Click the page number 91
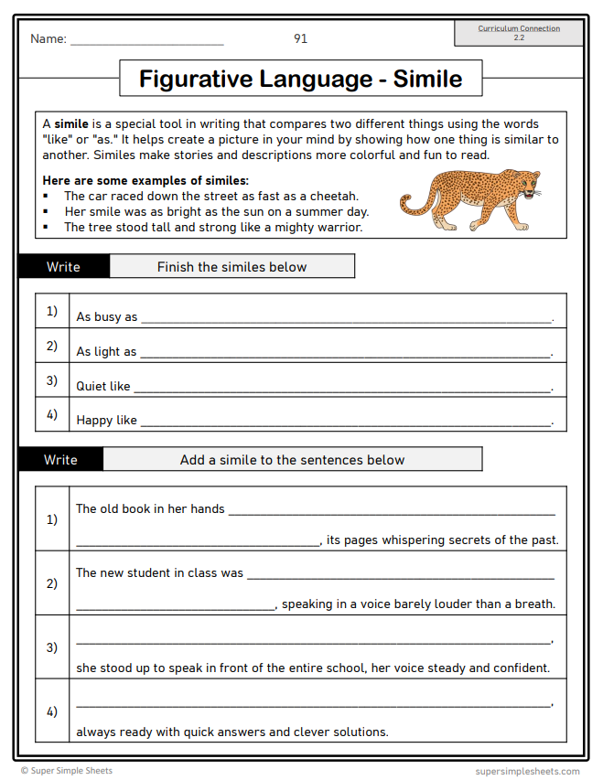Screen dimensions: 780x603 tap(300, 38)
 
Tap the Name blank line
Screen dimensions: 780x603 tap(146, 42)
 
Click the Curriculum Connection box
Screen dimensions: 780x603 tap(519, 33)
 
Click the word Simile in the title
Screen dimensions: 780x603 tap(427, 79)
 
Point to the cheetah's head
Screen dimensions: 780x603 tap(529, 187)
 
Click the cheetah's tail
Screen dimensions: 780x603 tap(409, 203)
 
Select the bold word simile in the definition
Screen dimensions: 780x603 tap(71, 124)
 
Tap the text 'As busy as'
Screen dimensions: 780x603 tap(106, 317)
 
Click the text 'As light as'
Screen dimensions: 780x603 tap(106, 351)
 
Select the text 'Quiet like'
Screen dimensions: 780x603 tap(103, 386)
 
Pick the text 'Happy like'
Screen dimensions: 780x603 tap(106, 421)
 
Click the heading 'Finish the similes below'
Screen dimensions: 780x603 tap(232, 267)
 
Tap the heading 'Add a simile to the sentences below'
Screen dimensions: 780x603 tap(292, 460)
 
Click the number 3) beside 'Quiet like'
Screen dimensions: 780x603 tap(52, 380)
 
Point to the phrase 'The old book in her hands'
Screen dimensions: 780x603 tap(150, 509)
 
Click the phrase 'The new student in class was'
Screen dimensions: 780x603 tap(159, 573)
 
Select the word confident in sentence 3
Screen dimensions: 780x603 tap(521, 668)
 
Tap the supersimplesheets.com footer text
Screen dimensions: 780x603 tap(527, 771)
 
